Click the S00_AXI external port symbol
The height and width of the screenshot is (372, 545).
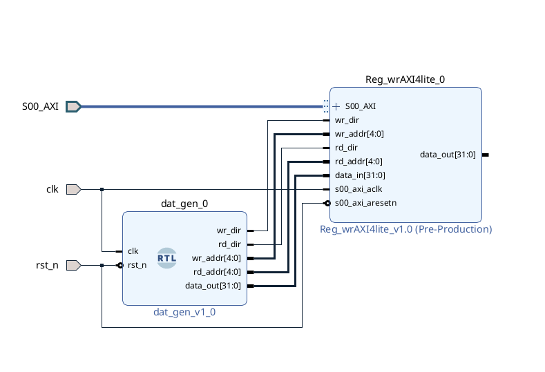[x=74, y=106]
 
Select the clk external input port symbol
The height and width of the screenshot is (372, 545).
[x=74, y=189]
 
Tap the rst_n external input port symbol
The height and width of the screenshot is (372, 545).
[x=74, y=265]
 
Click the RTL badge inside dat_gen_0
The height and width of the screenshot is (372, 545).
[x=167, y=258]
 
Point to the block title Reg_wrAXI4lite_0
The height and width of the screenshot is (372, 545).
[x=405, y=79]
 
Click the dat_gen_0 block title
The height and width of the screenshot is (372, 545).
[x=184, y=204]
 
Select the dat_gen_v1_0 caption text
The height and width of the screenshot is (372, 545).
[x=184, y=312]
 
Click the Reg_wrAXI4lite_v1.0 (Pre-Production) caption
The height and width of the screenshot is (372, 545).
[x=405, y=229]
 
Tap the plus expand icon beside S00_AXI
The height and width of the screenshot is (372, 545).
[x=336, y=106]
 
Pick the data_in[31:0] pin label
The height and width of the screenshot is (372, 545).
[x=360, y=175]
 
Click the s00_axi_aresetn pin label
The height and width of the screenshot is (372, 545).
[x=365, y=203]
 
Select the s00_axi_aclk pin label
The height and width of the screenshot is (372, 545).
[x=358, y=189]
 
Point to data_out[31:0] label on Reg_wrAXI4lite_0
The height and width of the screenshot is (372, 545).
[x=448, y=155]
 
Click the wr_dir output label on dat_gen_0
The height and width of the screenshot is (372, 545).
[x=229, y=231]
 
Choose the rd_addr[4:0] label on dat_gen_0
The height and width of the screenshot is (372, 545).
[x=217, y=272]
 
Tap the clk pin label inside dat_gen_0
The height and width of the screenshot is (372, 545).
[x=133, y=251]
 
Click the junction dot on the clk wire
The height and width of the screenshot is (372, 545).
[x=102, y=189]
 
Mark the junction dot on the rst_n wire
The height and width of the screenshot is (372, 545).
[x=102, y=265]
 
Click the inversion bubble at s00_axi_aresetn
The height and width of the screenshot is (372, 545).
[x=327, y=203]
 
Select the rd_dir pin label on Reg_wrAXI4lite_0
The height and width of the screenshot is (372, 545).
[x=346, y=148]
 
